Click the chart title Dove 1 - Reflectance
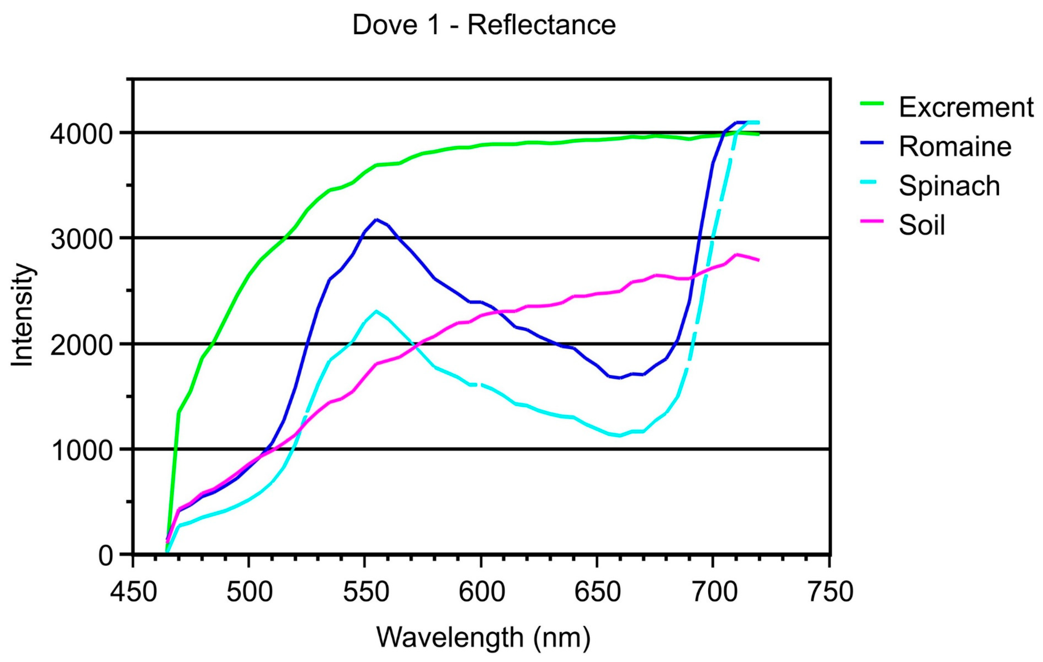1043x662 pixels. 484,25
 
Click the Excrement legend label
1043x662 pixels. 966,107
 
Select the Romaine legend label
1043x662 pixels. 955,146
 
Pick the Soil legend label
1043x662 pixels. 922,225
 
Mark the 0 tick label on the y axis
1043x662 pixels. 106,556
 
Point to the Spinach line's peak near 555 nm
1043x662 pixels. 376,311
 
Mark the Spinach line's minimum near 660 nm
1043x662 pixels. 620,436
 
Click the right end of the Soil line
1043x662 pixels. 758,260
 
